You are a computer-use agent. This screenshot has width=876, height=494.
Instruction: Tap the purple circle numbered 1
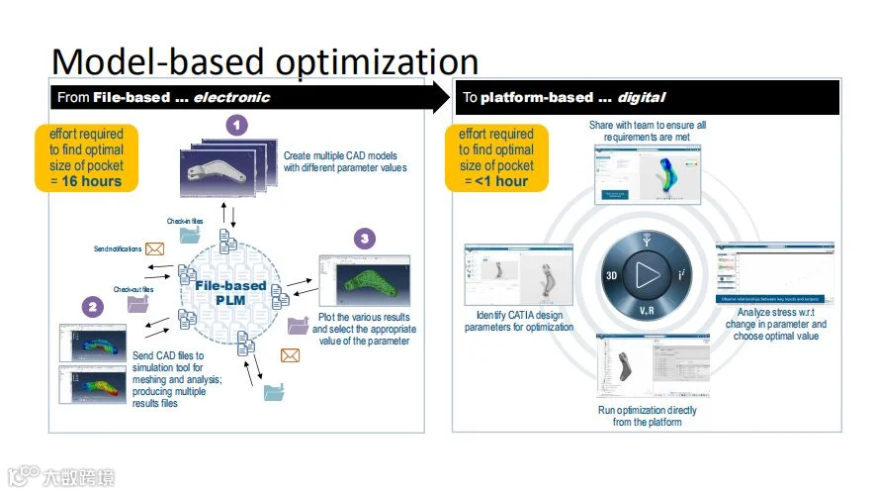(x=236, y=125)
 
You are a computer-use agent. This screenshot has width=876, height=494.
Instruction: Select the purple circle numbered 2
(x=92, y=307)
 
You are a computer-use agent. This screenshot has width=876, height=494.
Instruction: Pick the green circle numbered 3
(x=366, y=240)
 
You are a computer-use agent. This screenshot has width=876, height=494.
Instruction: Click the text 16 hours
(x=91, y=181)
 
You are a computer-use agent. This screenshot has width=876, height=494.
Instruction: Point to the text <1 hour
(x=501, y=181)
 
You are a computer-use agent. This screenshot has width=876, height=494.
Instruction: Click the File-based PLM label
(x=230, y=292)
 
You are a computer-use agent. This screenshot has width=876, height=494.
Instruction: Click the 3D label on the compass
(x=613, y=275)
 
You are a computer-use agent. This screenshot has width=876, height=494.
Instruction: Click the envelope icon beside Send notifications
(x=154, y=248)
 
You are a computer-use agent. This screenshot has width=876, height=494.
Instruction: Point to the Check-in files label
(x=185, y=222)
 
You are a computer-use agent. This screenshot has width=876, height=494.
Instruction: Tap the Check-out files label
(x=133, y=289)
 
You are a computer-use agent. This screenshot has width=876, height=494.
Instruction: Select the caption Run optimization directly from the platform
(x=647, y=416)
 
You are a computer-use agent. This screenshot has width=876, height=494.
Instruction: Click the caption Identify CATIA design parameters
(x=518, y=321)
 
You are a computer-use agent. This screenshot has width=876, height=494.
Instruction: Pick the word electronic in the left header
(x=231, y=98)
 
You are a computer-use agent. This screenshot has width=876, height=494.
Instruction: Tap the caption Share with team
(x=647, y=132)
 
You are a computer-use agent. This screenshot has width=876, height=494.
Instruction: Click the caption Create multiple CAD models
(x=345, y=161)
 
